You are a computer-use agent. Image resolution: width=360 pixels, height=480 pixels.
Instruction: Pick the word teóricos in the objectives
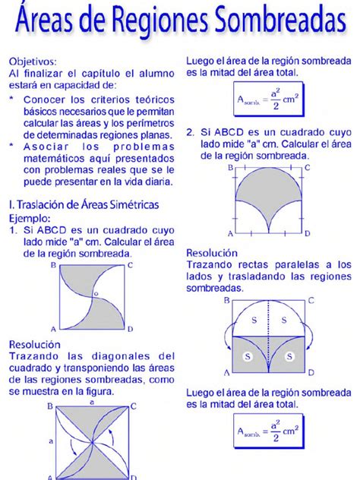(154, 99)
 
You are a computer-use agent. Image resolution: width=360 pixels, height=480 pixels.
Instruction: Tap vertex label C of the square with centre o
(131, 265)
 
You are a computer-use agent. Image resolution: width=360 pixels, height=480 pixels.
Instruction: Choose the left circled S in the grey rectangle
(248, 355)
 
